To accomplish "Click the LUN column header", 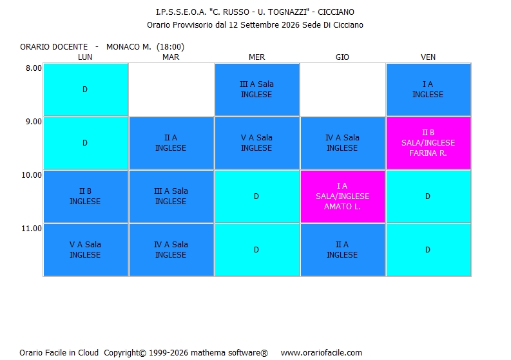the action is (84, 57).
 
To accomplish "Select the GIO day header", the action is (342, 57).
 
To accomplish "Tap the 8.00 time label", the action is (34, 68).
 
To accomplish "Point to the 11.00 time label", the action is (32, 229).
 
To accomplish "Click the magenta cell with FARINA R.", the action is (429, 143).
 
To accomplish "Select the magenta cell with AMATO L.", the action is (343, 196).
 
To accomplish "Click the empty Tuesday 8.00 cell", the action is (171, 90).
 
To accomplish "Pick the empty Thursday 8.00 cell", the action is (343, 90).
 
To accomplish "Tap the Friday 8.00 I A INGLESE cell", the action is (429, 90).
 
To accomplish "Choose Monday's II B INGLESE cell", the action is (86, 196).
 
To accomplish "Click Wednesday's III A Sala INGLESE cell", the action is (257, 90).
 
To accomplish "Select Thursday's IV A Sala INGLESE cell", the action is (343, 143).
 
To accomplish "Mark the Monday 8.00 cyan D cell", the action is (86, 90).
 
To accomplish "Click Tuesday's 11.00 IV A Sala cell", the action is (171, 250).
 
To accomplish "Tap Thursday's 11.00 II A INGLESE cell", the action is (343, 250).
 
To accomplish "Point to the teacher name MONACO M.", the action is (129, 47).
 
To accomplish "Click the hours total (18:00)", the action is (171, 47).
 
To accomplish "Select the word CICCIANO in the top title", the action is (336, 12).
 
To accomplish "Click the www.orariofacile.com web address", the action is (322, 352).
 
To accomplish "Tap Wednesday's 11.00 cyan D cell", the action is (257, 250).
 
